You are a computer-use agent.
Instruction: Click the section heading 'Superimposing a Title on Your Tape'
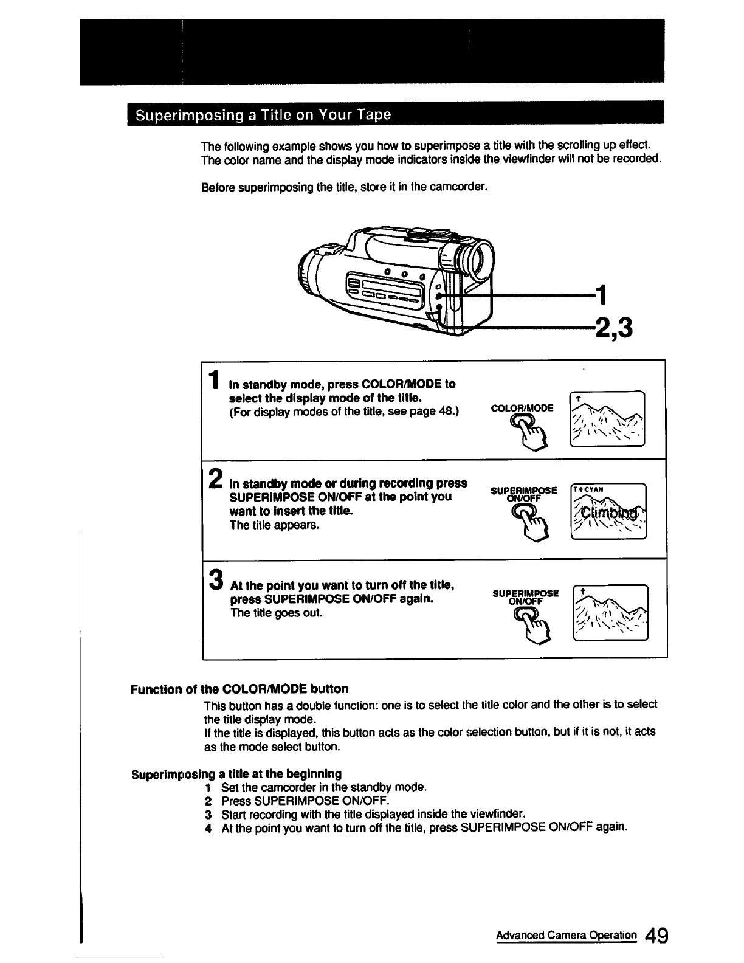(x=263, y=116)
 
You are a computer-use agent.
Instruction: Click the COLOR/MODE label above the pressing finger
(x=522, y=408)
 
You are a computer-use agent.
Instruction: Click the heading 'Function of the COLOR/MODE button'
(x=239, y=689)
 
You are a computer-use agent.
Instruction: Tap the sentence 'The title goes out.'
(x=268, y=613)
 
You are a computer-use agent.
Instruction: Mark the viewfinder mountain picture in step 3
(x=610, y=612)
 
